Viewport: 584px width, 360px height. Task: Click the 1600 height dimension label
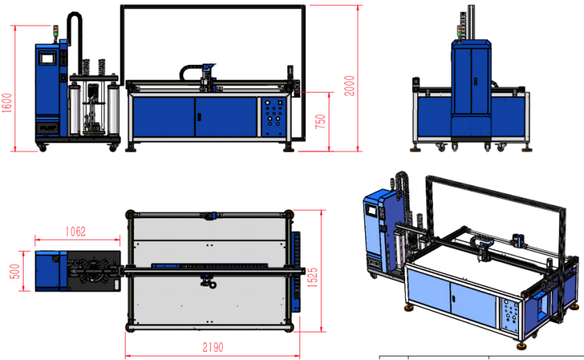(x=6, y=103)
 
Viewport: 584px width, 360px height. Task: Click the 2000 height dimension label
(x=349, y=86)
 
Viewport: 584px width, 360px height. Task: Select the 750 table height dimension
(x=320, y=122)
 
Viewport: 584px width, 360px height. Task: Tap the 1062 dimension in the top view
(x=76, y=232)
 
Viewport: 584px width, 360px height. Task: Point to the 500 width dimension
(x=14, y=272)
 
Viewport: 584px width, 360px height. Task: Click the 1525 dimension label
(x=312, y=277)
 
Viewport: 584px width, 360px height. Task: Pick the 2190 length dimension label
(x=212, y=347)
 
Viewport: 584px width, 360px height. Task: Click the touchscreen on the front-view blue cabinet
(x=48, y=58)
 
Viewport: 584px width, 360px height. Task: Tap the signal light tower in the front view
(x=56, y=32)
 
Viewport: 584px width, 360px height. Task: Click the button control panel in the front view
(x=274, y=116)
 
